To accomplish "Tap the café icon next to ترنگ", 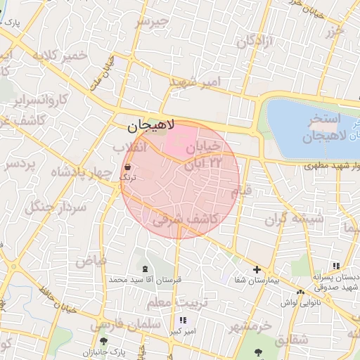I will point(128,167).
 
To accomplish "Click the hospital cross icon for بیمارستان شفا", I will point(257,269).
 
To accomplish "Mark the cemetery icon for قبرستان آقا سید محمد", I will point(145,269).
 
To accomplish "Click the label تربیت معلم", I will point(169,302).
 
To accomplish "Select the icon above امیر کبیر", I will point(184,320).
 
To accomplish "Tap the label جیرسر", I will point(153,22).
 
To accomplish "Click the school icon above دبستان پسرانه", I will point(336,266).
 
